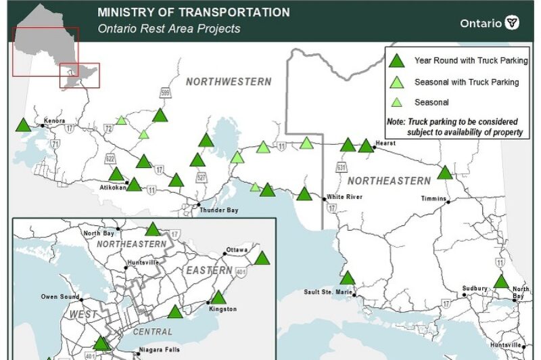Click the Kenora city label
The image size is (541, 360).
(54, 121)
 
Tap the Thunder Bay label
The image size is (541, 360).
(218, 210)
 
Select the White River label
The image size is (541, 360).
(344, 197)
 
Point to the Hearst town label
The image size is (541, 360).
(386, 143)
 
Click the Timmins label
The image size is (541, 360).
(433, 198)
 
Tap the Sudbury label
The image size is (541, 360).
(475, 288)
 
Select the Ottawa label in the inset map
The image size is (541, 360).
(238, 249)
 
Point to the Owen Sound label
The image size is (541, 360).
(59, 296)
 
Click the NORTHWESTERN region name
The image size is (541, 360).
(229, 82)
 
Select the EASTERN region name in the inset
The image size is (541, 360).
(209, 270)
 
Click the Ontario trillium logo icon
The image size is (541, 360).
(513, 23)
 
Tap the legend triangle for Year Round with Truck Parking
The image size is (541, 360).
(397, 61)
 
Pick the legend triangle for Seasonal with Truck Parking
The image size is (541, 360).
(397, 83)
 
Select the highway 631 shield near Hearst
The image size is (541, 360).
(342, 166)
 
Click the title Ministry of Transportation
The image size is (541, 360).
(193, 12)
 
